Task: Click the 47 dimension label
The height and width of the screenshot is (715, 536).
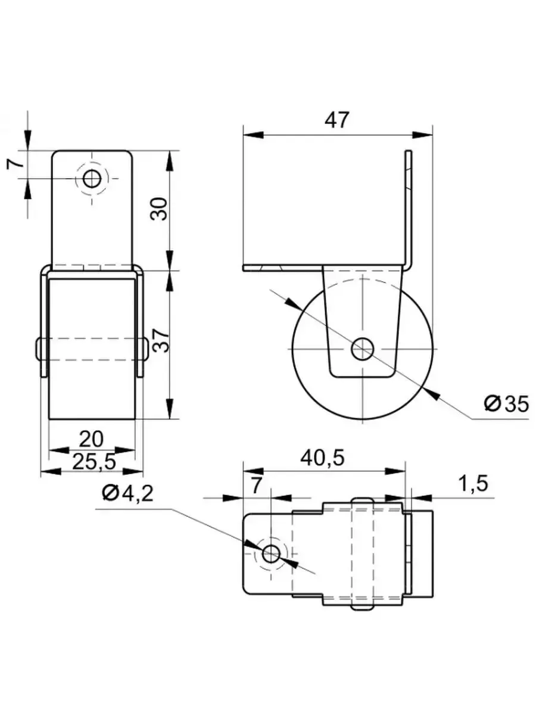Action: [336, 120]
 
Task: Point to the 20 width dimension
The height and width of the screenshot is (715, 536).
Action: [91, 439]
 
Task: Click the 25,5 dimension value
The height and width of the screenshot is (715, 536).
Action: [91, 461]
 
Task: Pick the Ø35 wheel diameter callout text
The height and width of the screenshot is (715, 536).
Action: [506, 405]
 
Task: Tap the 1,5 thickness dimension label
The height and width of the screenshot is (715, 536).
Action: [473, 484]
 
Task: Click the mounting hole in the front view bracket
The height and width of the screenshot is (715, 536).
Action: [92, 178]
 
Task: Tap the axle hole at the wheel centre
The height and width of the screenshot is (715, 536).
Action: [362, 349]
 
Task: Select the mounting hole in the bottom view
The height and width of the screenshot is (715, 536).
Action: [272, 554]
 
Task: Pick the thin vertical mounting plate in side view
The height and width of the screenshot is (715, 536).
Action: [409, 209]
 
